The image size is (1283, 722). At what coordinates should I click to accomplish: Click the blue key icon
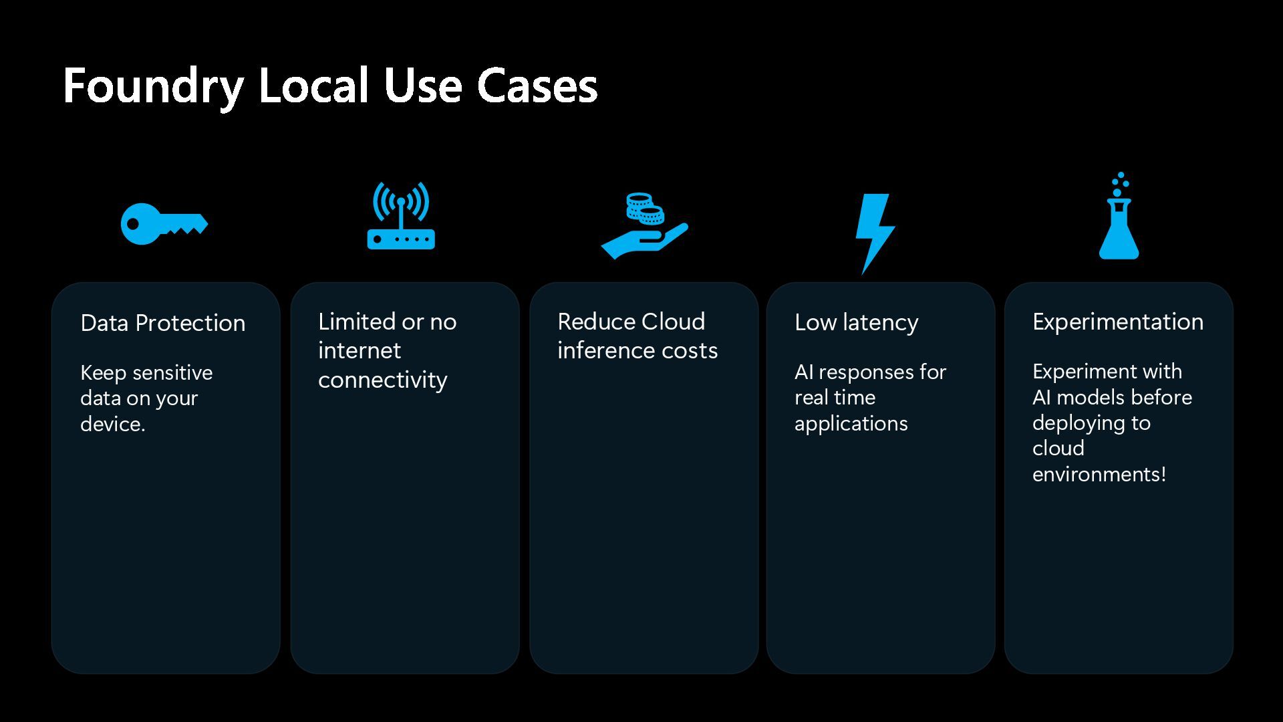click(164, 224)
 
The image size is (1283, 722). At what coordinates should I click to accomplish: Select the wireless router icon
click(401, 217)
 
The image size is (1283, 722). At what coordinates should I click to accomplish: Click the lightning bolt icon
click(874, 231)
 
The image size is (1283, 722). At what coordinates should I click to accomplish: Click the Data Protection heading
click(162, 323)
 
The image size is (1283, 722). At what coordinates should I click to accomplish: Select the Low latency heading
click(856, 322)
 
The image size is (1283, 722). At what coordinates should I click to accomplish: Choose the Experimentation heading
click(1117, 322)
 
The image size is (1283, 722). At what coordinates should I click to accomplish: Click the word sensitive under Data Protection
click(172, 372)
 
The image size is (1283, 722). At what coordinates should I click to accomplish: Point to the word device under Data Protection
click(111, 424)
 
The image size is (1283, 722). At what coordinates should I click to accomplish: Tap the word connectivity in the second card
click(382, 380)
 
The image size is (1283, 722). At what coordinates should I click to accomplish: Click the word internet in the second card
click(359, 350)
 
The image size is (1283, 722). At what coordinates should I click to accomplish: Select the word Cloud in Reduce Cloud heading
click(672, 322)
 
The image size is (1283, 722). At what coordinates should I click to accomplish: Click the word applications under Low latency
click(851, 423)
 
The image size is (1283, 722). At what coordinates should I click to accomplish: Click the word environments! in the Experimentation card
click(1099, 474)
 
